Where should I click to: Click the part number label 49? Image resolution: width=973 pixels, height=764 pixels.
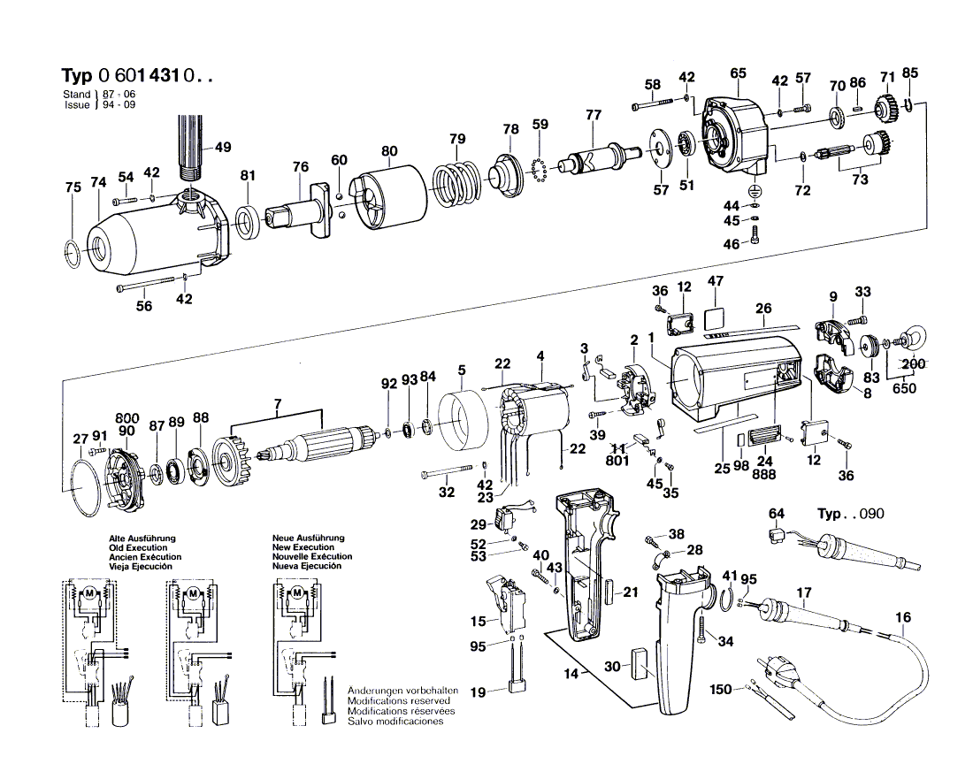pyautogui.click(x=223, y=147)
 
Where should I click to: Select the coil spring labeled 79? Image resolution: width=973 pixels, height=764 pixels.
pyautogui.click(x=457, y=184)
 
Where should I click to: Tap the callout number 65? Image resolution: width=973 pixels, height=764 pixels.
pyautogui.click(x=739, y=73)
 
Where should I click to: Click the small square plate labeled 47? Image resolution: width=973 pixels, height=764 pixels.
pyautogui.click(x=716, y=317)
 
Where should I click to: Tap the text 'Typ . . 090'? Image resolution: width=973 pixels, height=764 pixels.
pyautogui.click(x=849, y=515)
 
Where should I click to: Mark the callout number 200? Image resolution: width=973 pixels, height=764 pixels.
pyautogui.click(x=915, y=364)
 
